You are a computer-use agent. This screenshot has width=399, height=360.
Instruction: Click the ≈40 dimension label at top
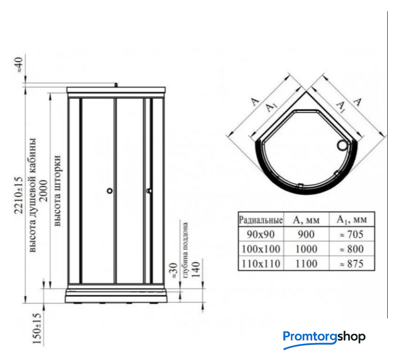click(x=20, y=65)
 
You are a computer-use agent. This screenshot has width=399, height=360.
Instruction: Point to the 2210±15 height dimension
click(x=19, y=195)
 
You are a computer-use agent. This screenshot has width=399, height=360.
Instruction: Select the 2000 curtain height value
click(x=43, y=191)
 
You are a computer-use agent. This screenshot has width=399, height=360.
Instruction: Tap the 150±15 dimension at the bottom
click(x=37, y=328)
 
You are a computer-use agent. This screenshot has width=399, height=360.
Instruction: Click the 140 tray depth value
click(x=196, y=269)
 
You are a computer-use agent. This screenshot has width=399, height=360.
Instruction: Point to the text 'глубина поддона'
click(x=185, y=250)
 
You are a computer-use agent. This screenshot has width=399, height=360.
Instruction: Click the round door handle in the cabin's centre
click(x=110, y=191)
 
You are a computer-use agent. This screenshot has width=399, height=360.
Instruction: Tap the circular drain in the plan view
click(x=342, y=146)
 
